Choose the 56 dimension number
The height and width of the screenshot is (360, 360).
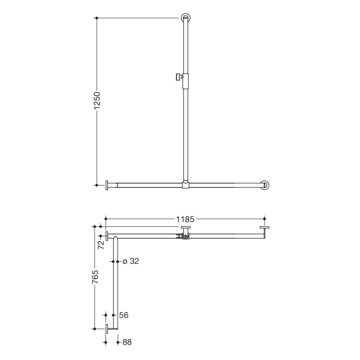click(123, 315)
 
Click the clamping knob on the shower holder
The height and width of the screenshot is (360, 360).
click(177, 77)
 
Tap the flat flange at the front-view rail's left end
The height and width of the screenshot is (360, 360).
click(106, 185)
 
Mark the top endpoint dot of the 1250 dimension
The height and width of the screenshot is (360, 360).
click(97, 18)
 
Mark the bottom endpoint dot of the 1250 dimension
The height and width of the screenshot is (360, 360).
click(97, 185)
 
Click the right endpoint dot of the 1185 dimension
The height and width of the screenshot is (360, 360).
click(264, 219)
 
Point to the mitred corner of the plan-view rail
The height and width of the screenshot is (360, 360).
click(117, 237)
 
